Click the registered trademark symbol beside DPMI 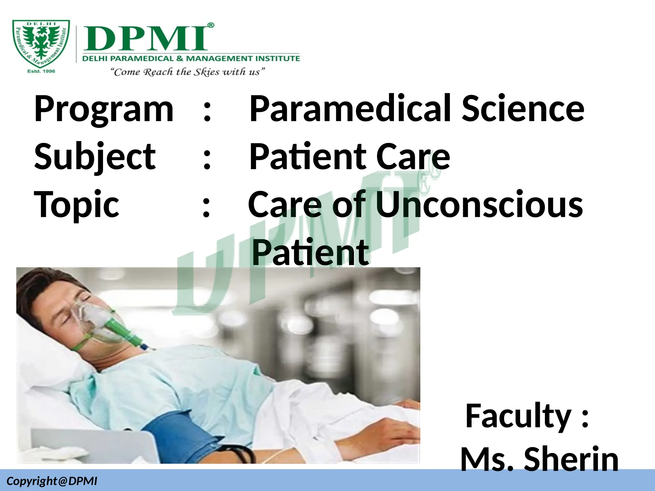pyautogui.click(x=211, y=26)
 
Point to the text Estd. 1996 pyautogui.click(x=41, y=71)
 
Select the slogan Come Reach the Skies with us pyautogui.click(x=188, y=72)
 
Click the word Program pyautogui.click(x=104, y=109)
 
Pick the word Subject pyautogui.click(x=95, y=157)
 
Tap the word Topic pyautogui.click(x=77, y=204)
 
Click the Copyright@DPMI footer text pyautogui.click(x=52, y=481)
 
